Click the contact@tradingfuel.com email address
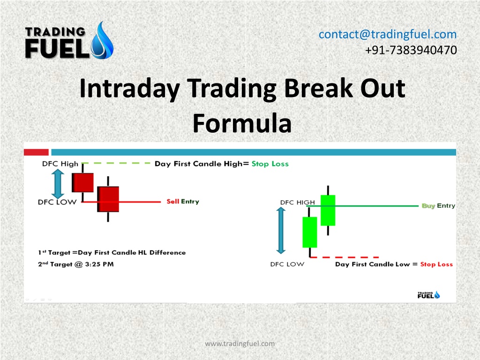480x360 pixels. pos(388,34)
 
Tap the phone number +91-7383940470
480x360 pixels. pos(411,50)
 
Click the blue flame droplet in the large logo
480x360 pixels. pos(103,41)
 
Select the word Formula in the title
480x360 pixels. pos(242,123)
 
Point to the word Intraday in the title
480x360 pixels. pos(129,89)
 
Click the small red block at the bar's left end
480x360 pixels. pos(36,152)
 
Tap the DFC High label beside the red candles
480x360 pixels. pos(60,164)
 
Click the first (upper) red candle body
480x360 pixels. pos(82,183)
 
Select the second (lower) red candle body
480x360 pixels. pos(108,199)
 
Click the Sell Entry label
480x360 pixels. pos(183,202)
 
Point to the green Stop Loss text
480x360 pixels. pos(270,164)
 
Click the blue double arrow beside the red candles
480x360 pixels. pos(58,184)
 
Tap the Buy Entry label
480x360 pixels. pos(438,206)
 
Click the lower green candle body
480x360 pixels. pos(310,232)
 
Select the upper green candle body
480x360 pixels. pos(328,210)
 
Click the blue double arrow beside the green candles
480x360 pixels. pos(281,231)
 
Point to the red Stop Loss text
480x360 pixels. pos(436,264)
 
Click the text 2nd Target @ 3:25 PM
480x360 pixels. pos(76,264)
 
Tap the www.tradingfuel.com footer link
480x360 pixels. pos(240,344)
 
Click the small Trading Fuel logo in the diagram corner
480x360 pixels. pos(429,295)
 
